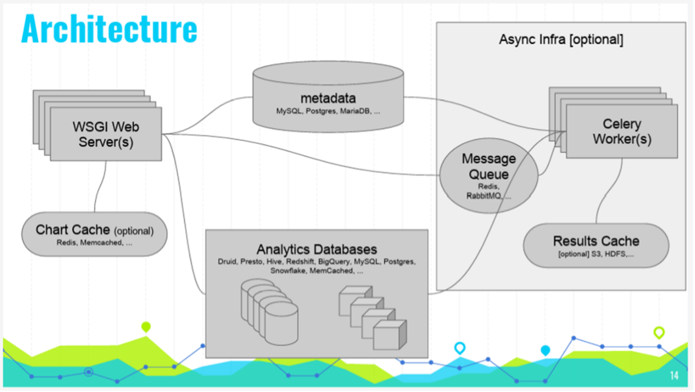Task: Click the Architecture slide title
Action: [x=109, y=28]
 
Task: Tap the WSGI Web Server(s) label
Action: [x=106, y=134]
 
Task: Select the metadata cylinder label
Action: [x=328, y=98]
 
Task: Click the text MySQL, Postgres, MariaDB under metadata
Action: [x=323, y=111]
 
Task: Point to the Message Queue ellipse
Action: [x=489, y=175]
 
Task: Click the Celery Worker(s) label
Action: [x=622, y=132]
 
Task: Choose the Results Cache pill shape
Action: [x=596, y=245]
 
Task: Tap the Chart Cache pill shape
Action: [x=94, y=234]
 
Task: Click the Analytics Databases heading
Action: [x=316, y=249]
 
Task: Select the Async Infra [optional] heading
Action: [x=561, y=40]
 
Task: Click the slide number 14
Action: [x=674, y=375]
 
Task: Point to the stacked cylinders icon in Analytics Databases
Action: [x=269, y=312]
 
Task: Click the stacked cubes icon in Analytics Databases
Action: [x=373, y=318]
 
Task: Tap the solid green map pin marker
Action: [x=146, y=327]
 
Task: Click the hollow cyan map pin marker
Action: [x=460, y=348]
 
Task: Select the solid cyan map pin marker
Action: [x=545, y=350]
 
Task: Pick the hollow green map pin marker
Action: [x=659, y=333]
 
